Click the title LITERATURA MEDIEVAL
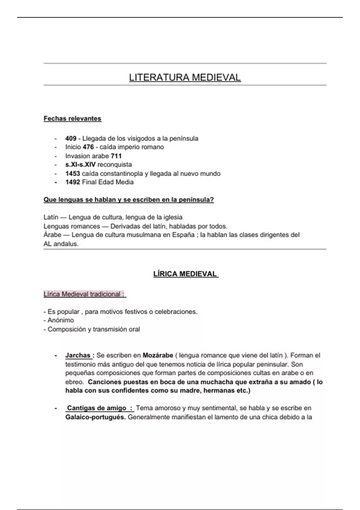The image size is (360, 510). click(x=185, y=77)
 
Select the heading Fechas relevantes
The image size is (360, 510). click(x=72, y=118)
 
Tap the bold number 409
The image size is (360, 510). click(x=71, y=139)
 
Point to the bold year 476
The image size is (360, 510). click(x=88, y=147)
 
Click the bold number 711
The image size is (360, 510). click(x=116, y=156)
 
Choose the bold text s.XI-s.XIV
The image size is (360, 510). click(x=80, y=164)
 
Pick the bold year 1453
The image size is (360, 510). click(x=73, y=173)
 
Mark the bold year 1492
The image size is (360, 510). click(x=73, y=182)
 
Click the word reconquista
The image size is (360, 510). click(x=115, y=164)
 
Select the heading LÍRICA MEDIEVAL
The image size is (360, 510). click(x=185, y=274)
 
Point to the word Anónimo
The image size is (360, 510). click(x=61, y=320)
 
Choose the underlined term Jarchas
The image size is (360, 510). click(x=78, y=355)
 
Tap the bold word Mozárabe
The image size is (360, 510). click(x=158, y=355)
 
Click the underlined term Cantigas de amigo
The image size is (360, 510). click(x=97, y=408)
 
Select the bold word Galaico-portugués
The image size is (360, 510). click(x=95, y=417)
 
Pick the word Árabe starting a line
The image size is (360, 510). click(x=52, y=235)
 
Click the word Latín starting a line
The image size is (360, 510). click(x=51, y=217)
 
